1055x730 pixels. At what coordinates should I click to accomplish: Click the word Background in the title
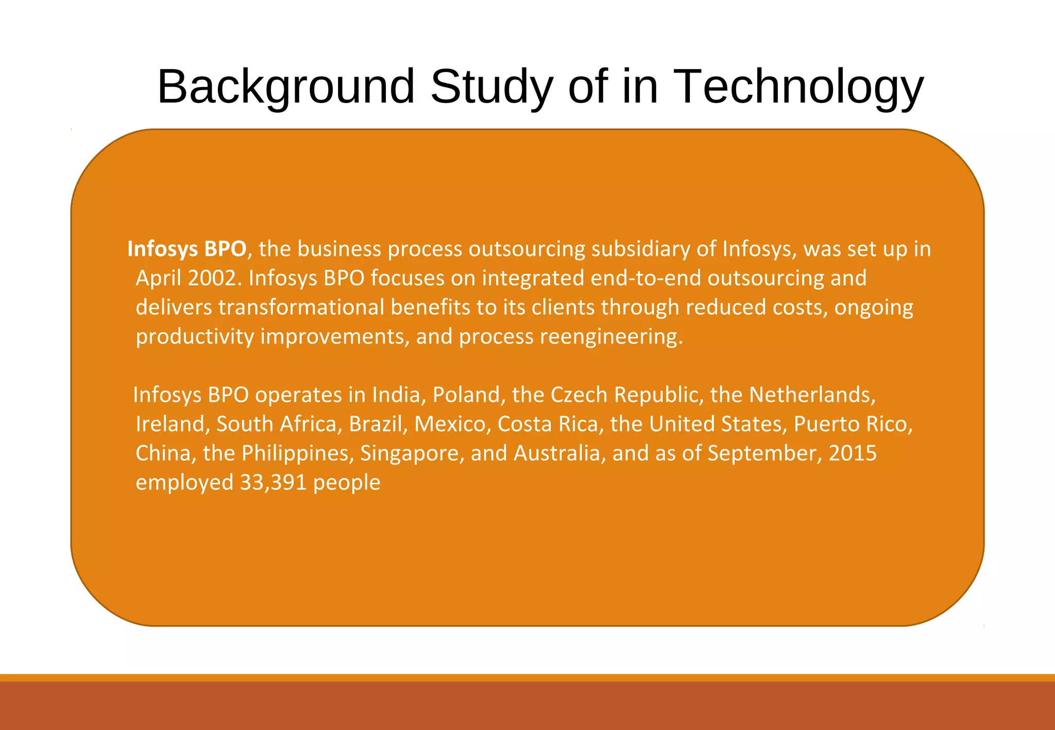tap(286, 86)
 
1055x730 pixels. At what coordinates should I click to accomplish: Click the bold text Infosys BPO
tap(186, 249)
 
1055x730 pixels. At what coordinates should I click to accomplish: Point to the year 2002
tap(214, 279)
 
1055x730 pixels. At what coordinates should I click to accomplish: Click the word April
tap(159, 279)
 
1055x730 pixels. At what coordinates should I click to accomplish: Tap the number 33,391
tap(273, 483)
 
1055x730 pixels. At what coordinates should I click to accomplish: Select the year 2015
tap(852, 454)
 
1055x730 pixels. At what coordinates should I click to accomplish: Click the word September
tap(762, 454)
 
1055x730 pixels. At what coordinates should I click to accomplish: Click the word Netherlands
tap(812, 395)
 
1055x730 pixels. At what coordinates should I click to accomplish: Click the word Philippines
tap(297, 454)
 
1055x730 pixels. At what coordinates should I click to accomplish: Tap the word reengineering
tap(611, 337)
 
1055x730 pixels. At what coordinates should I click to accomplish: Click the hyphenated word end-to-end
tap(646, 279)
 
